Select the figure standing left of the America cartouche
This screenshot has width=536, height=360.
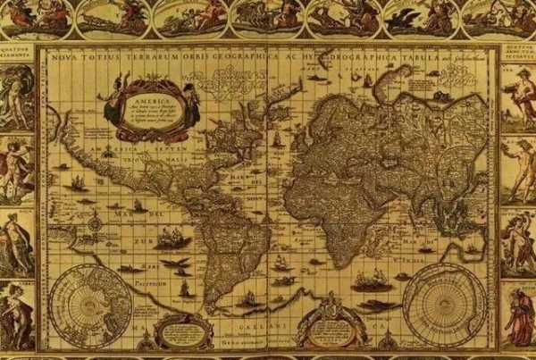pyautogui.click(x=113, y=104)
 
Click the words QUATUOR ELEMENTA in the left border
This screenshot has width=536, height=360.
pyautogui.click(x=19, y=53)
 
